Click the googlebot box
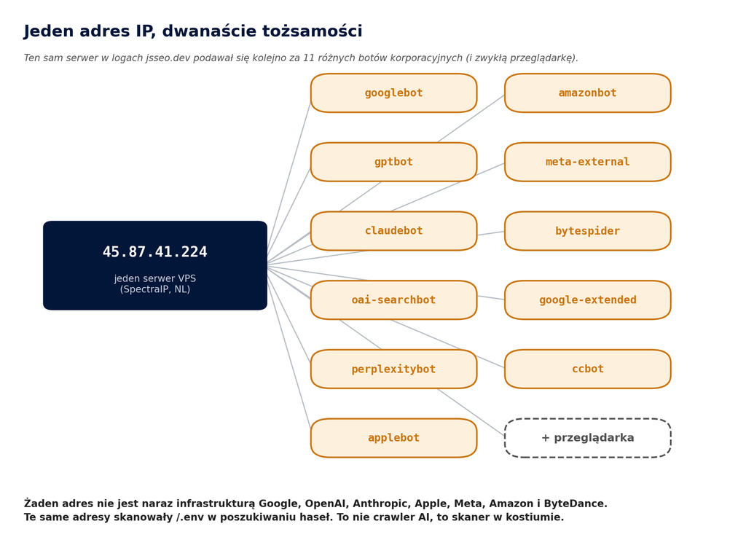[x=393, y=93]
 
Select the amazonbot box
[x=588, y=93]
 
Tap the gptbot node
[x=393, y=162]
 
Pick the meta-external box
[x=588, y=162]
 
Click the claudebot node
[x=393, y=231]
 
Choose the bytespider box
[x=588, y=231]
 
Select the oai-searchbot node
[x=393, y=300]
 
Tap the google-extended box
[x=588, y=300]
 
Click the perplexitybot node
[x=393, y=369]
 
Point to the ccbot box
[x=588, y=369]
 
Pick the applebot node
[x=393, y=438]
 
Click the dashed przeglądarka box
[x=588, y=438]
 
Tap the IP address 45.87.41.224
[x=155, y=252]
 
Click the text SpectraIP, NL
[x=155, y=289]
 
